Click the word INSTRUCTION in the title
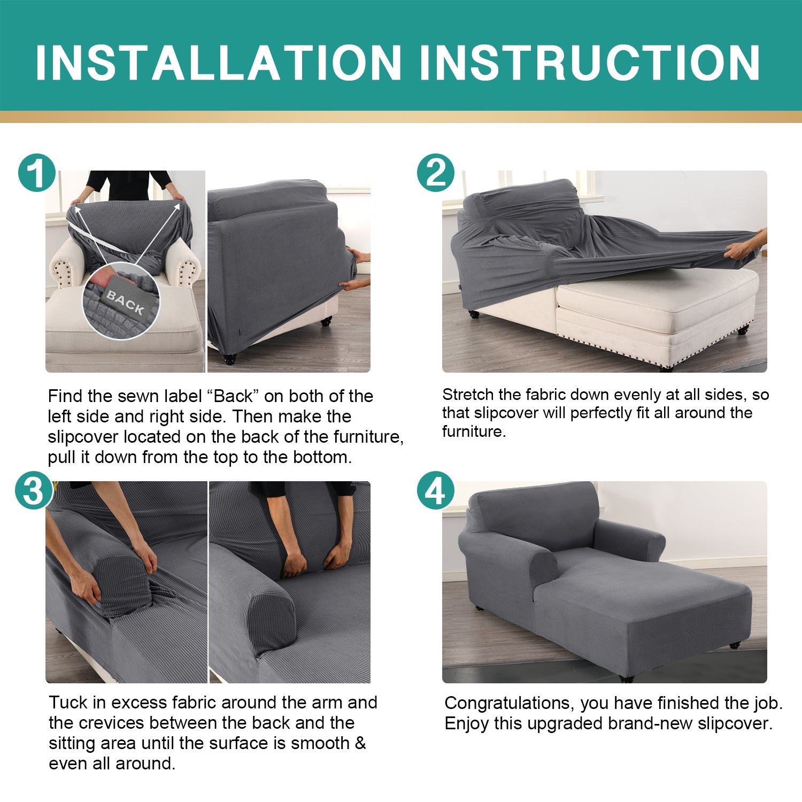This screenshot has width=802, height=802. point(590,63)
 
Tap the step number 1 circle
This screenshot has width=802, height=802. point(36,173)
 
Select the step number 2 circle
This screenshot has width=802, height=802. point(436,173)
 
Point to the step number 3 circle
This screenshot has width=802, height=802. point(33,490)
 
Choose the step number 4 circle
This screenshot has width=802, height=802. point(436,490)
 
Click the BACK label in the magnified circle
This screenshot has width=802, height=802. point(125,302)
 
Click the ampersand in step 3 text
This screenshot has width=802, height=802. point(360,743)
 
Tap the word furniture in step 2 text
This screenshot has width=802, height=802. point(473,431)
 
